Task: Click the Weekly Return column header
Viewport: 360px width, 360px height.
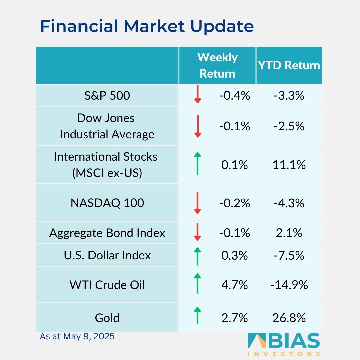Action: pyautogui.click(x=217, y=65)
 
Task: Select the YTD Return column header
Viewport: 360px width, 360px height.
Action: pyautogui.click(x=289, y=65)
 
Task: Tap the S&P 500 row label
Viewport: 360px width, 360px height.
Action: pyautogui.click(x=107, y=96)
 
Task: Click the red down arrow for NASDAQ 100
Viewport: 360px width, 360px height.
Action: pyautogui.click(x=197, y=203)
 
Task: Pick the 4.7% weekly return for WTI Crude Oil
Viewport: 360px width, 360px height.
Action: pyautogui.click(x=235, y=285)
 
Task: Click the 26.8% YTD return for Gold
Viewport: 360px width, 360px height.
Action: pyautogui.click(x=289, y=318)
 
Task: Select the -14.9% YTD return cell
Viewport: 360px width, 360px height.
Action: pyautogui.click(x=289, y=285)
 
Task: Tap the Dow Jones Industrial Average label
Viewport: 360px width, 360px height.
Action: pyautogui.click(x=107, y=126)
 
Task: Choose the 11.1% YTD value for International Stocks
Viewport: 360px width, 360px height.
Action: pyautogui.click(x=289, y=165)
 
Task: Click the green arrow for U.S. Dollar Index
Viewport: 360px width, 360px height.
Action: pyautogui.click(x=197, y=256)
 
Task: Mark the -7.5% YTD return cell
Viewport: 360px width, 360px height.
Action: pyautogui.click(x=289, y=256)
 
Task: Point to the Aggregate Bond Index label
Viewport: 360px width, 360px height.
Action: pyautogui.click(x=107, y=233)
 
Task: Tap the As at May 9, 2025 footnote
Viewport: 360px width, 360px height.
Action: pyautogui.click(x=77, y=336)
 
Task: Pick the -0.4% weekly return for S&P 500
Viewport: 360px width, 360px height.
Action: pyautogui.click(x=235, y=96)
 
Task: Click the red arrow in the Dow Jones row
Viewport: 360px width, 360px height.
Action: pyautogui.click(x=197, y=126)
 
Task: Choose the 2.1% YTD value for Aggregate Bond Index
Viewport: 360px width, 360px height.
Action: pyautogui.click(x=289, y=233)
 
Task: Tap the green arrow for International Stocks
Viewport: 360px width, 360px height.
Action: pyautogui.click(x=197, y=163)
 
